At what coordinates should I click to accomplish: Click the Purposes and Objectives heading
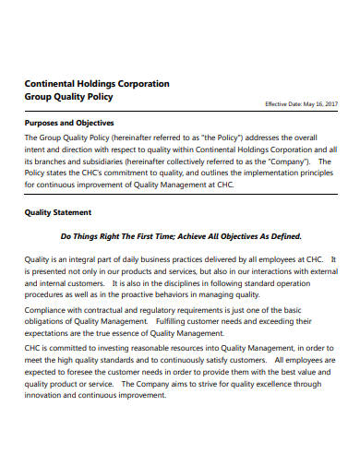tap(69, 123)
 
